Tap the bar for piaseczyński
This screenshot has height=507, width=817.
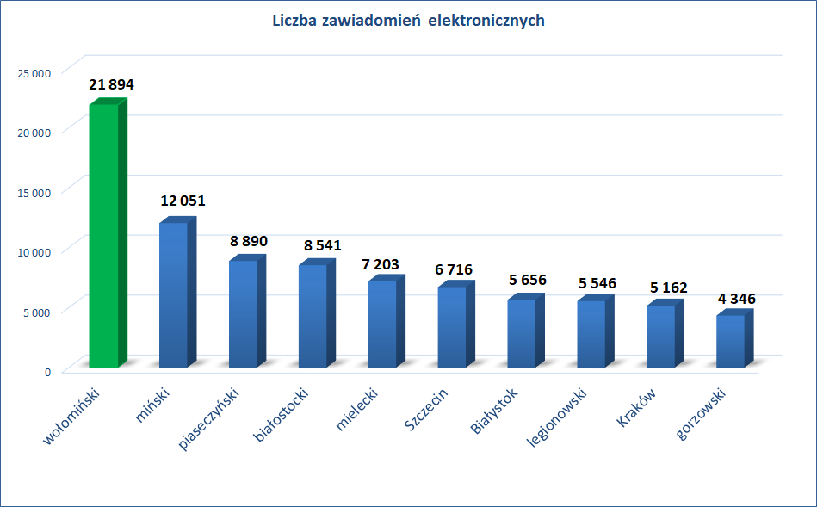(243, 313)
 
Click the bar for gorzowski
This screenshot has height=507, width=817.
(731, 341)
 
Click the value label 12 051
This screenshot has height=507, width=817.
(183, 201)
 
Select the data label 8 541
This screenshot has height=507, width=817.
(322, 245)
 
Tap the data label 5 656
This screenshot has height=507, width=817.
(527, 281)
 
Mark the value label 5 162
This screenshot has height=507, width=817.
(666, 287)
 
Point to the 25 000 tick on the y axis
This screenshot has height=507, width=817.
(35, 72)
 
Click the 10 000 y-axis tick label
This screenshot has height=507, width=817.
(35, 251)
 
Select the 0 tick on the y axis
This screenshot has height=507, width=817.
(47, 371)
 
